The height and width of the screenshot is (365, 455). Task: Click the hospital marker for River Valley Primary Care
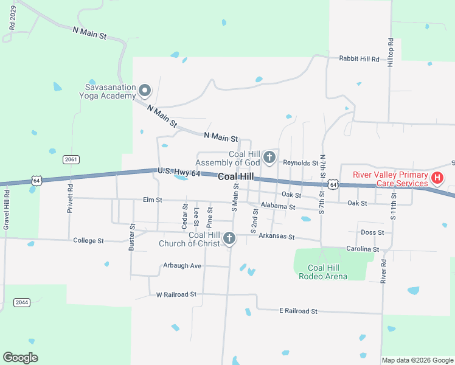(x=437, y=178)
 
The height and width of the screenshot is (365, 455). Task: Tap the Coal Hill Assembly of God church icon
(x=269, y=158)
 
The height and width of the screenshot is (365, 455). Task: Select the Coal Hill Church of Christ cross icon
(x=229, y=239)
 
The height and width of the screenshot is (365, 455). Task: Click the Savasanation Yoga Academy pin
(x=145, y=91)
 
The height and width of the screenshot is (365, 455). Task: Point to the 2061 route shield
(x=71, y=159)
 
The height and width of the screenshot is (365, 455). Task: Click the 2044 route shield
(x=21, y=302)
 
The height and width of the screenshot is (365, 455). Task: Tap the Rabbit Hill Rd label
(x=359, y=59)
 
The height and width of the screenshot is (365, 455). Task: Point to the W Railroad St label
(x=176, y=294)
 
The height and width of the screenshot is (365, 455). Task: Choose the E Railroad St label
(x=298, y=311)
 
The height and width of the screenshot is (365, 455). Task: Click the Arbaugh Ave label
(x=182, y=266)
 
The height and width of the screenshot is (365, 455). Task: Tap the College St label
(x=89, y=241)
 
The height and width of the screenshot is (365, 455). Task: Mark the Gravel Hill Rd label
(x=7, y=210)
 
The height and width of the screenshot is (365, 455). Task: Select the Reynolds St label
(x=300, y=163)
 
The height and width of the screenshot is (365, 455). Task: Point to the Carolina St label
(x=363, y=249)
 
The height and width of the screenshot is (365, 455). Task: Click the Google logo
(x=21, y=358)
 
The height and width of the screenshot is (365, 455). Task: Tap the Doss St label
(x=372, y=232)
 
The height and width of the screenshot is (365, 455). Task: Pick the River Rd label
(x=383, y=271)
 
